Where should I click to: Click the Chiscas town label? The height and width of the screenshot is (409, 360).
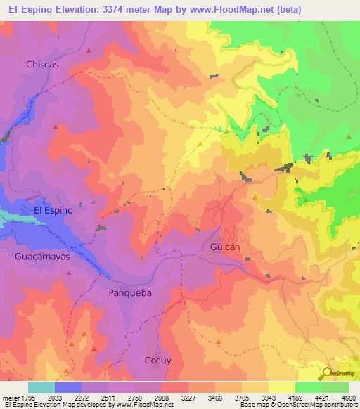pos(41,64)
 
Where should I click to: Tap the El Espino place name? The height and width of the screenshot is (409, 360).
pos(53,209)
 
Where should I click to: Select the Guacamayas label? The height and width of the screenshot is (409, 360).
pos(42,257)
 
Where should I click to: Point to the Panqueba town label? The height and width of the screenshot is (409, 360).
pos(129,292)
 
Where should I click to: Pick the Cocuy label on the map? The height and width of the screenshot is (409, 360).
pos(157,361)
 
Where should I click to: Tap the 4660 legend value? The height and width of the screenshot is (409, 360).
pos(340,396)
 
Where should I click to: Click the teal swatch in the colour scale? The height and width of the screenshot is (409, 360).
pos(41,387)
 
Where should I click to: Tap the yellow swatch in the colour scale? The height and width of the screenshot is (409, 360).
pos(282,387)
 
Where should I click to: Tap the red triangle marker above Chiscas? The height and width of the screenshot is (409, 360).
pos(89,51)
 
